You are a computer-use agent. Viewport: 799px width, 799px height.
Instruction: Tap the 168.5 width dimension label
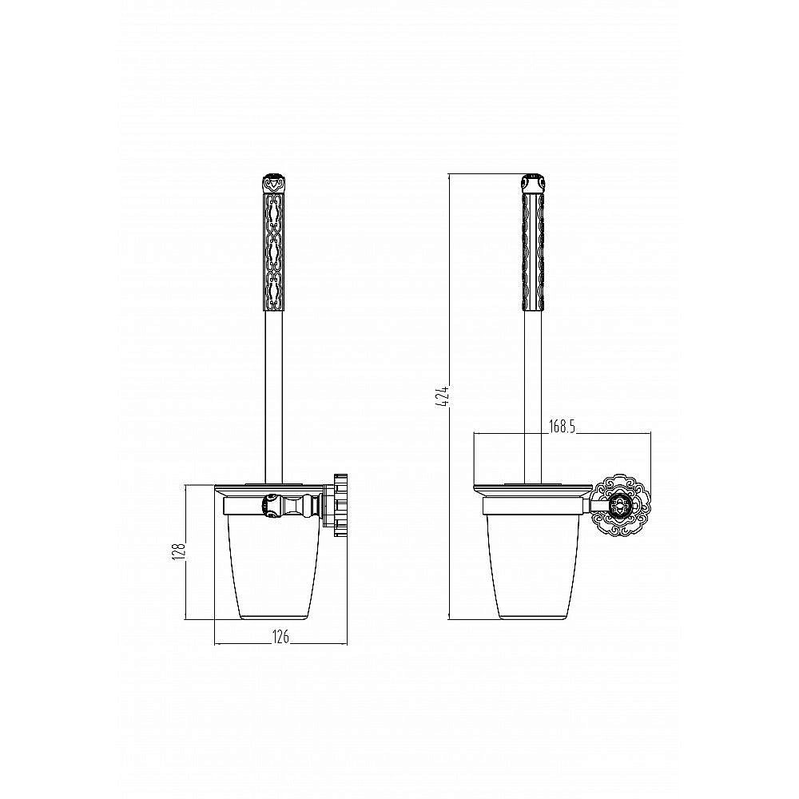click(562, 427)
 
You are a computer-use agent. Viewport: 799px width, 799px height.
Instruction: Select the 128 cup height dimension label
click(179, 552)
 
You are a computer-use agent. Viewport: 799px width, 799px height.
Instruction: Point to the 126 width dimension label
click(280, 637)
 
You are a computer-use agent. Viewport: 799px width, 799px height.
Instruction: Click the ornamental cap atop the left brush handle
click(273, 184)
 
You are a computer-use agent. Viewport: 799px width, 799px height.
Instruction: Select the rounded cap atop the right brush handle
click(533, 183)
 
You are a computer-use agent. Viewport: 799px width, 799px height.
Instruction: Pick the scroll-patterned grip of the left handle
click(273, 252)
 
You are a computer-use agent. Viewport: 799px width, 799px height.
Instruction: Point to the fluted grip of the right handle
click(533, 252)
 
